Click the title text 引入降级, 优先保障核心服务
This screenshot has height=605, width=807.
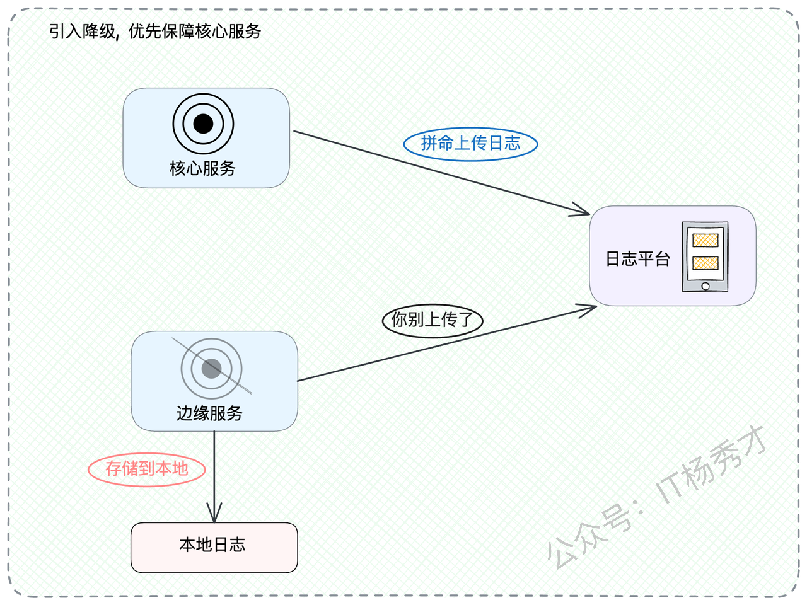click(155, 32)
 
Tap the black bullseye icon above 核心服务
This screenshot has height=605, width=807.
click(203, 124)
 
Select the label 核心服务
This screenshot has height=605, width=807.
click(202, 169)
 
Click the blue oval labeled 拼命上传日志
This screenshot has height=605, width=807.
click(470, 144)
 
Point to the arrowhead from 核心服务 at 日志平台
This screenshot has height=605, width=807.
click(588, 214)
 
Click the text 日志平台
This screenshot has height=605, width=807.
click(638, 258)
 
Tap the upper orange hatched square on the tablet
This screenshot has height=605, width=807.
click(705, 241)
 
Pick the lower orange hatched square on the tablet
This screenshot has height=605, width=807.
click(705, 263)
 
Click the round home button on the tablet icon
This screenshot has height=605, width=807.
click(705, 285)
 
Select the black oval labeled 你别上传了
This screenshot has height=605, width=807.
click(433, 320)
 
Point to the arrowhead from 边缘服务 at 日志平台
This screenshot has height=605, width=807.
click(595, 307)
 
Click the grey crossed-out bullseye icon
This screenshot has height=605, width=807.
click(211, 369)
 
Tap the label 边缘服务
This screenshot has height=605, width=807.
click(209, 413)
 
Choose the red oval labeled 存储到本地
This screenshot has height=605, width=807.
click(147, 470)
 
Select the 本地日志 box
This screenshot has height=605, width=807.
click(214, 548)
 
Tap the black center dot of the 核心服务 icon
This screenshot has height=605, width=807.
click(203, 124)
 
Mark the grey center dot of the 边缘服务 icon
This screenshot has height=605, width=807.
click(211, 369)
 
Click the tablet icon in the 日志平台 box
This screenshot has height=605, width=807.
click(705, 256)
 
